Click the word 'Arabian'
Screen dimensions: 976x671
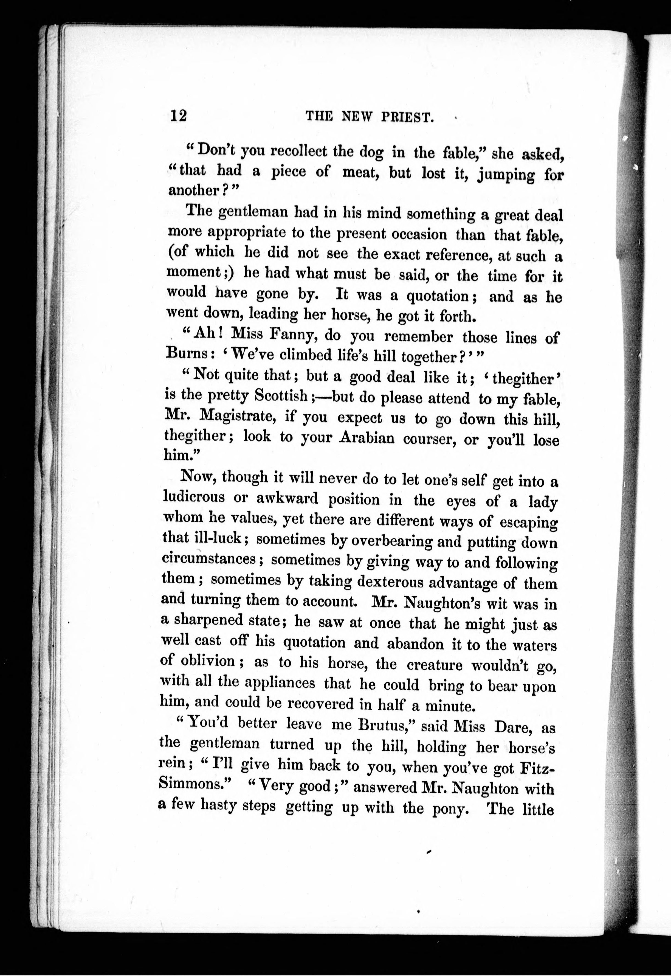point(367,438)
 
